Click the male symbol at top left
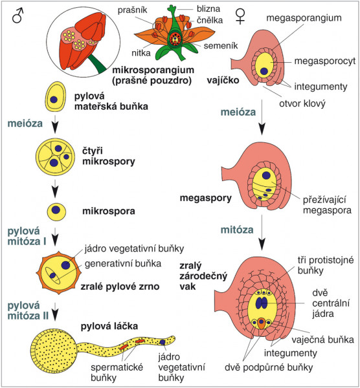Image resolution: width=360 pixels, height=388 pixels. (x=17, y=16)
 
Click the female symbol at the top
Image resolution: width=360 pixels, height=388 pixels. (x=240, y=17)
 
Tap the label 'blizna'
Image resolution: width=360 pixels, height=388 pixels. (x=208, y=9)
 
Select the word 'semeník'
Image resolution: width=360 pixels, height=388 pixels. (x=221, y=46)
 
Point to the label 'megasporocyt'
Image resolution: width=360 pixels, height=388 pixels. (x=325, y=61)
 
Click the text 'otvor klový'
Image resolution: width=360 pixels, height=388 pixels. (x=302, y=103)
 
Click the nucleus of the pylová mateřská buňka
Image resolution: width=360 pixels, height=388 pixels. (x=54, y=100)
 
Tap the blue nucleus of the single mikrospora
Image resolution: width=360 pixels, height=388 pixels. (x=56, y=210)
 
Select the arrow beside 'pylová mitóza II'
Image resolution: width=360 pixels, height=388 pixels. (x=55, y=312)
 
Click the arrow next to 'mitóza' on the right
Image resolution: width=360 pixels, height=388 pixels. (x=262, y=232)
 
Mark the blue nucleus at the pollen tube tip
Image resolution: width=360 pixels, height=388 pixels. (x=163, y=342)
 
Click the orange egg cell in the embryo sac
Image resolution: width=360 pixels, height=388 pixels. (x=261, y=323)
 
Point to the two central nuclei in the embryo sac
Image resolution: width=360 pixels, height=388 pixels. (x=262, y=303)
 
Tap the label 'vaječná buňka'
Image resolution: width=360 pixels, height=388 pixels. (x=322, y=339)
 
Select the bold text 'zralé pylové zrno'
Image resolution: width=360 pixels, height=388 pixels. (x=120, y=286)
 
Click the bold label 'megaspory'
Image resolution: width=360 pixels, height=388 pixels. (x=206, y=199)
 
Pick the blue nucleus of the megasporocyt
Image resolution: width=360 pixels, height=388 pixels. (x=264, y=71)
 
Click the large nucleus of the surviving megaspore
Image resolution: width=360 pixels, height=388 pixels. (x=266, y=175)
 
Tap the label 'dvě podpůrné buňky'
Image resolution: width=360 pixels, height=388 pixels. (x=269, y=367)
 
